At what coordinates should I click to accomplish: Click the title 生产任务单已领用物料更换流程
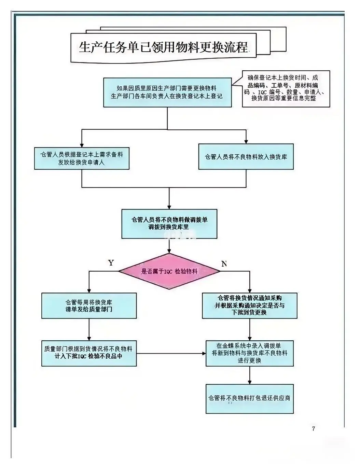point(163,47)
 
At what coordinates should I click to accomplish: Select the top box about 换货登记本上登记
point(167,92)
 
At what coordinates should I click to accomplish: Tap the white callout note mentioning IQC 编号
point(286,88)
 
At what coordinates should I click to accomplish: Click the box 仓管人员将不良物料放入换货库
point(246,157)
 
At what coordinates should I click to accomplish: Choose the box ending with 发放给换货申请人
point(82,158)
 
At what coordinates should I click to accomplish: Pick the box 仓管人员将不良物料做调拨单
point(169,224)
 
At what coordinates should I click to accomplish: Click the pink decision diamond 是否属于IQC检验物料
point(169,271)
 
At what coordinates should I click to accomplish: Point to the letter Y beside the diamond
point(111,263)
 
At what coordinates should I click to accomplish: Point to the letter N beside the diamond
point(224,264)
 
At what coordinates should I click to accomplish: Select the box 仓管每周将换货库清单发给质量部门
point(89,305)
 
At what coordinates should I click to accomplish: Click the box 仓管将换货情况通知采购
point(249,305)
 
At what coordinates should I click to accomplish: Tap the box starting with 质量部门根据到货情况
point(89,353)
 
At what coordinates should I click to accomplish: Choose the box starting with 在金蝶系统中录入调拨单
point(249,353)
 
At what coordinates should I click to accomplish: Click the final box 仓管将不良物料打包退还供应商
point(249,398)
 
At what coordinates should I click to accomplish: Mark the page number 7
point(314,429)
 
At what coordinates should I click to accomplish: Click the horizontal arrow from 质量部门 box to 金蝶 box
point(171,353)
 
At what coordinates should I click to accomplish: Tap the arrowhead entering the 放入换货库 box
point(246,141)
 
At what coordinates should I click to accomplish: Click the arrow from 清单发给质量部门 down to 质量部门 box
point(89,329)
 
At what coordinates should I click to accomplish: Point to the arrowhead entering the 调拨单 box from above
point(169,207)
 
